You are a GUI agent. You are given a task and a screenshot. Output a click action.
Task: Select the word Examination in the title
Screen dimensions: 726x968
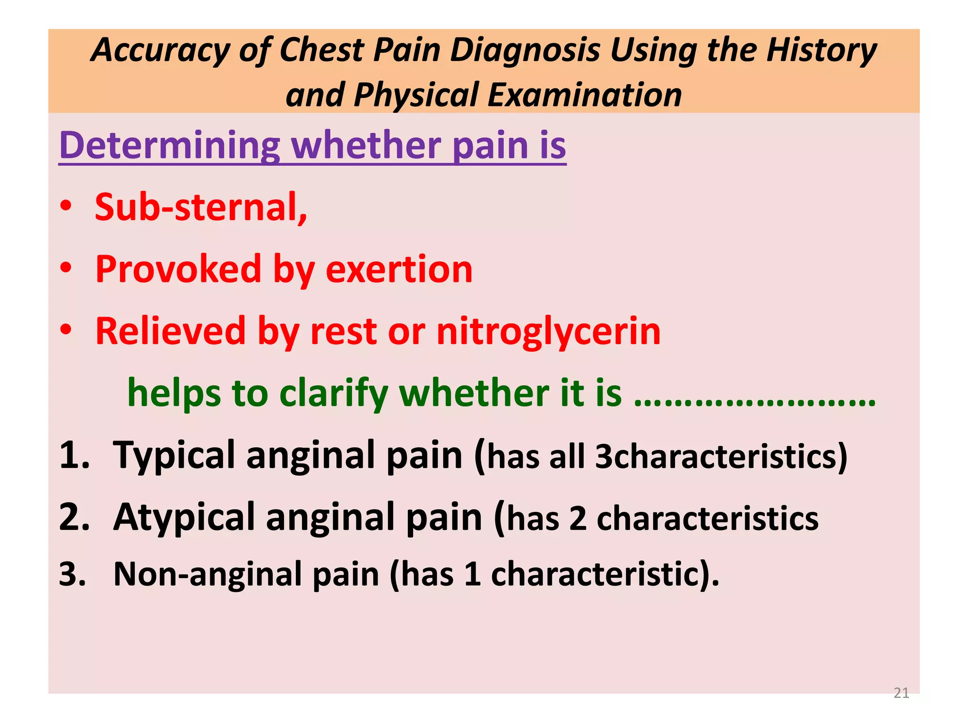click(585, 95)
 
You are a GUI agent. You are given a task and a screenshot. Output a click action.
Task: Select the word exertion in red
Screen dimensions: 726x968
click(399, 269)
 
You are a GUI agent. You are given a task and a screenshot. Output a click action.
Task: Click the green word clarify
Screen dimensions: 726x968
click(333, 393)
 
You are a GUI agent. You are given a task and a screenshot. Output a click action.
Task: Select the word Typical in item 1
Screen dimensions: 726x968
click(173, 455)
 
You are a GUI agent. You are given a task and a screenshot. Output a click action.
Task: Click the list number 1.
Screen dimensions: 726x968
click(74, 455)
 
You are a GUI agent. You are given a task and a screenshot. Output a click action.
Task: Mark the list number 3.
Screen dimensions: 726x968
click(73, 575)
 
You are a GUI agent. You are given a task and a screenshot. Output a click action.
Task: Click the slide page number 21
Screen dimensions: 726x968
click(901, 693)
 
